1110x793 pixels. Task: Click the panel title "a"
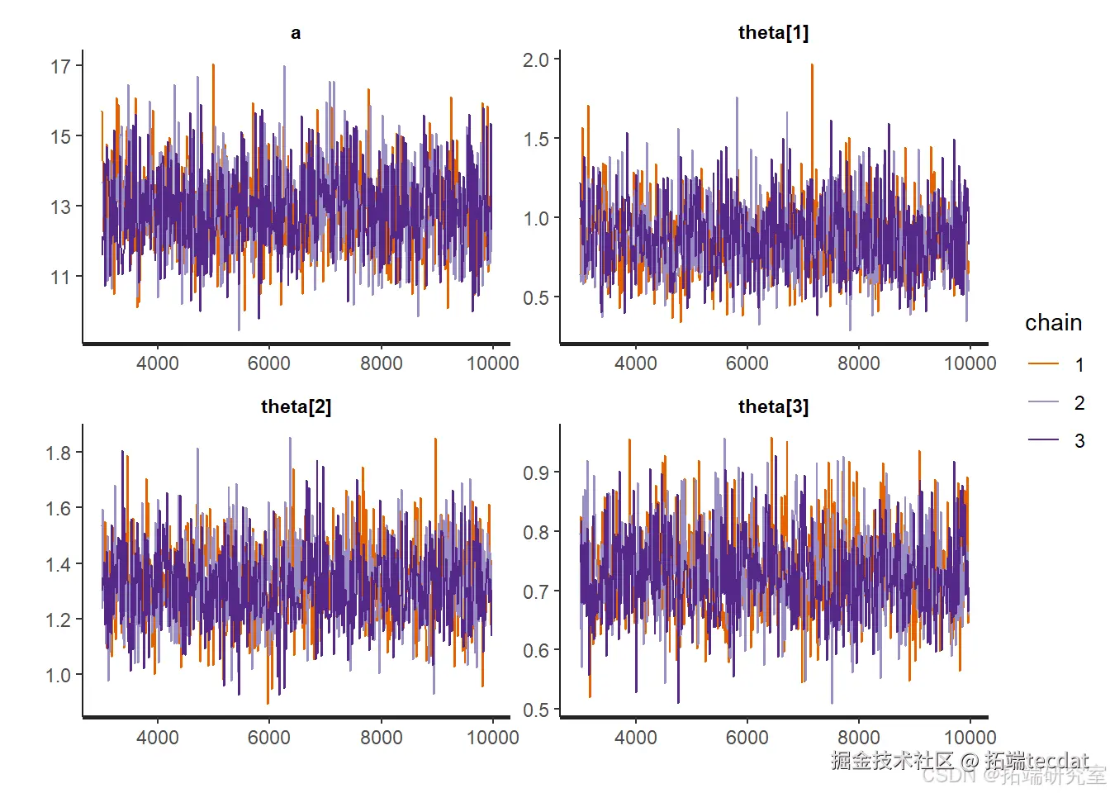click(296, 33)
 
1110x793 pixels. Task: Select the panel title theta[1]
click(773, 33)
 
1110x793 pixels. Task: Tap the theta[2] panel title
click(296, 406)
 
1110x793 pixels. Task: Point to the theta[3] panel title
click(773, 406)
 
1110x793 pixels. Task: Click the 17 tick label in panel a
click(60, 66)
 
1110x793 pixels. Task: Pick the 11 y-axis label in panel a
click(60, 277)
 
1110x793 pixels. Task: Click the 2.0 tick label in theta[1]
click(535, 59)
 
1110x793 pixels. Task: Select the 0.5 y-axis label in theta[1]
click(535, 297)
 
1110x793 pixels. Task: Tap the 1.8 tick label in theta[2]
click(58, 453)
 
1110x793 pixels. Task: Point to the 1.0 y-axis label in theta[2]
click(58, 675)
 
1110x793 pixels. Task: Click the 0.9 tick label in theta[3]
click(535, 472)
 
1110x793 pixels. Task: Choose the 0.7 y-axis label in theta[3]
click(535, 591)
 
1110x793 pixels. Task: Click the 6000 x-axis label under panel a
click(269, 363)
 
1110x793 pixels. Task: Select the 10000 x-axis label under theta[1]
click(970, 363)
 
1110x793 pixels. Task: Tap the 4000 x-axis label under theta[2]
click(157, 737)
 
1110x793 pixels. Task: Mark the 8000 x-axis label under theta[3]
click(859, 737)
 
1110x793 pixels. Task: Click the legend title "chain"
click(1053, 323)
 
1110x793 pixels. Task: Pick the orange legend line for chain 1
click(1043, 363)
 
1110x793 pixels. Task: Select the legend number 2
click(1079, 402)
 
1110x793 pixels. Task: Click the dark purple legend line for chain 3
click(1043, 440)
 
